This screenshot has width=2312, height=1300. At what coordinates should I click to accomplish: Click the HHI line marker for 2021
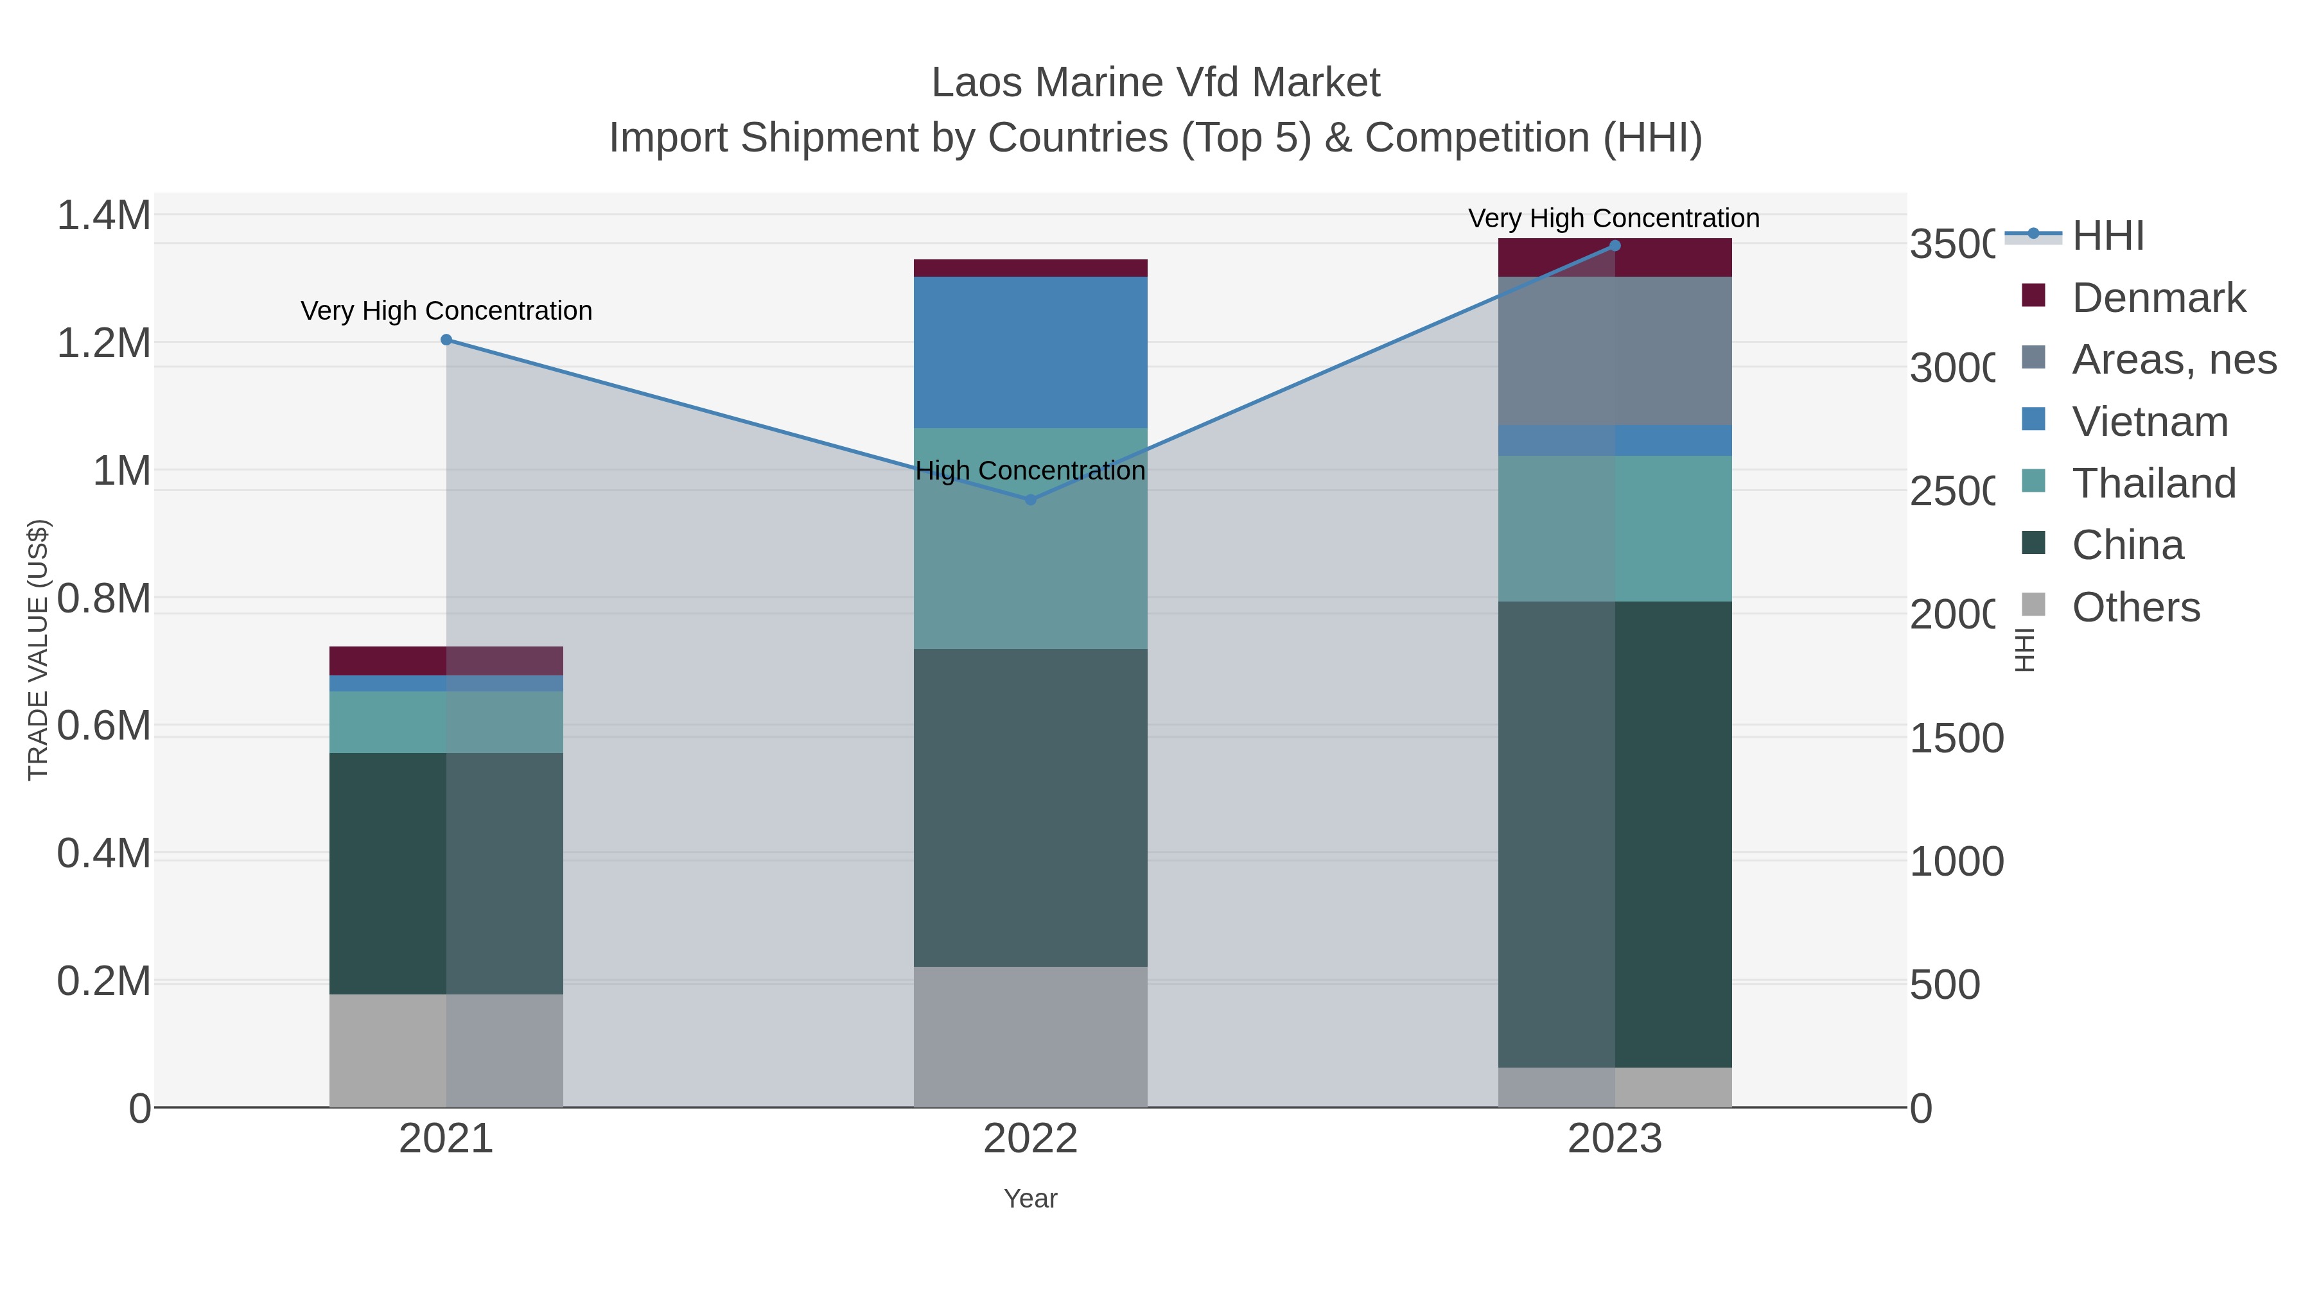pos(446,340)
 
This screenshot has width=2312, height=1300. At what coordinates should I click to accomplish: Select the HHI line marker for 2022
pos(1030,499)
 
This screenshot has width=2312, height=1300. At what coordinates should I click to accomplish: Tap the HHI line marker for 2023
pos(1615,246)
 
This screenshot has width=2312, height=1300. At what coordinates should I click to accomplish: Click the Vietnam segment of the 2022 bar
pos(1030,352)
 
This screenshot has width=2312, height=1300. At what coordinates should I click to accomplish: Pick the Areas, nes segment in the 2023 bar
pos(1615,351)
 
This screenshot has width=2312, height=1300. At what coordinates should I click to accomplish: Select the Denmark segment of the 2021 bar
pos(446,661)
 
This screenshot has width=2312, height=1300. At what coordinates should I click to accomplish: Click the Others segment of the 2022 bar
pos(1030,1036)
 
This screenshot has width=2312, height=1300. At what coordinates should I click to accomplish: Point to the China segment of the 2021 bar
pos(446,873)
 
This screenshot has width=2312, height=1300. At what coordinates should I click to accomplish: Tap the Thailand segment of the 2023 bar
pos(1615,528)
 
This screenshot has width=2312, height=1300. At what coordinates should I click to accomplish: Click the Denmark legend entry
pos(2158,298)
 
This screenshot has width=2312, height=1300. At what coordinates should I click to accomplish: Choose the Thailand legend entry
pos(2153,483)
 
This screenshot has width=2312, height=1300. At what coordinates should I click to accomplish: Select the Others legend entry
pos(2135,607)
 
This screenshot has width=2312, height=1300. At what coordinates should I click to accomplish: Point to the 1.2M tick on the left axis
pos(103,343)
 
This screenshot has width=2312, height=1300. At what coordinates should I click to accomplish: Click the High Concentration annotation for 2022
pos(1030,471)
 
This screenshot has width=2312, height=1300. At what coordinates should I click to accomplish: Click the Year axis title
pos(1030,1199)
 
